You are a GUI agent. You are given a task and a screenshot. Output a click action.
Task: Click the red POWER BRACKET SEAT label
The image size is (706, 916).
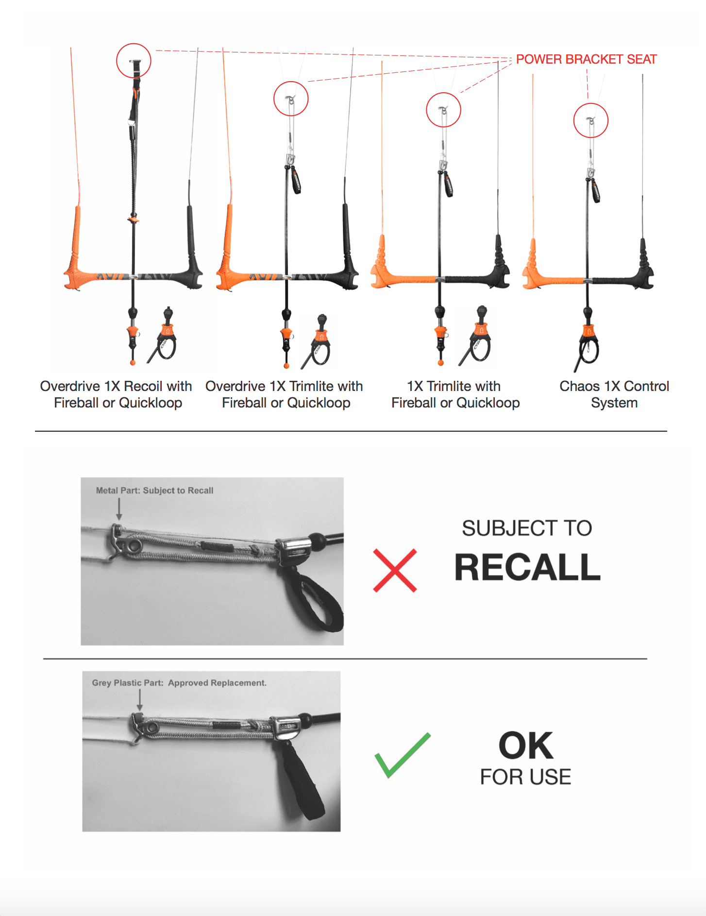[x=586, y=59]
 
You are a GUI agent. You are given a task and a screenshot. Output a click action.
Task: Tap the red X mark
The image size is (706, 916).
[x=395, y=571]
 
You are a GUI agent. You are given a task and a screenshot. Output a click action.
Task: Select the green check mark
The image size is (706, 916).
[x=402, y=755]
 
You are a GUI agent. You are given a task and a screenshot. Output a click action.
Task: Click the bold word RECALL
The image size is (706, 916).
[x=527, y=567]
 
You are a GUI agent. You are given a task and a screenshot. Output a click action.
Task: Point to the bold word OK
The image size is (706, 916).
[x=525, y=746]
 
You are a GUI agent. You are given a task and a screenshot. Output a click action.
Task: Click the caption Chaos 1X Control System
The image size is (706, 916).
[x=614, y=394]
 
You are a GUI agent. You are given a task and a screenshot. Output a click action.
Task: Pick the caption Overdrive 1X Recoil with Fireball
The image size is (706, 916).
[x=116, y=394]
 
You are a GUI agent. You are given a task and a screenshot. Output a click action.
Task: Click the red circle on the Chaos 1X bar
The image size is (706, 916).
[x=590, y=120]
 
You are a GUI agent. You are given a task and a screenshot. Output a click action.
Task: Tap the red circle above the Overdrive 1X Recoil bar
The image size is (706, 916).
[x=134, y=61]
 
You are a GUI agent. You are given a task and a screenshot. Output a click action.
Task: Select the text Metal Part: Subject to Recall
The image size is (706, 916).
[x=154, y=491]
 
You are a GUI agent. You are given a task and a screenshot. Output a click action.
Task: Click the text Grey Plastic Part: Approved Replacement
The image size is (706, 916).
[x=179, y=683]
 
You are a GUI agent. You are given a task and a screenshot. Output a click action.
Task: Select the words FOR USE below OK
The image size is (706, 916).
[x=525, y=777]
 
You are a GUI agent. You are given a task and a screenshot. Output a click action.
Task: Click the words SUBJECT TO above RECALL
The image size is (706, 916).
[x=527, y=528]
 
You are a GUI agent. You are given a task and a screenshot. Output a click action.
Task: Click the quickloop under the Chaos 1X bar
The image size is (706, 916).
[x=588, y=348]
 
